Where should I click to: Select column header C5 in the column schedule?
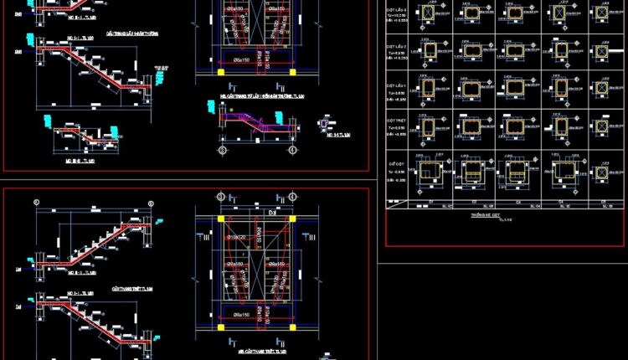pos(601,202)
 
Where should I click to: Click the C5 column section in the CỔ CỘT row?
pos(601,173)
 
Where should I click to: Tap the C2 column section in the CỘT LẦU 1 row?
pos(473,90)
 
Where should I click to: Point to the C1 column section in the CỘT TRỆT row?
pos(430,127)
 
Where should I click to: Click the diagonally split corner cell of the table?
pos(397,202)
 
